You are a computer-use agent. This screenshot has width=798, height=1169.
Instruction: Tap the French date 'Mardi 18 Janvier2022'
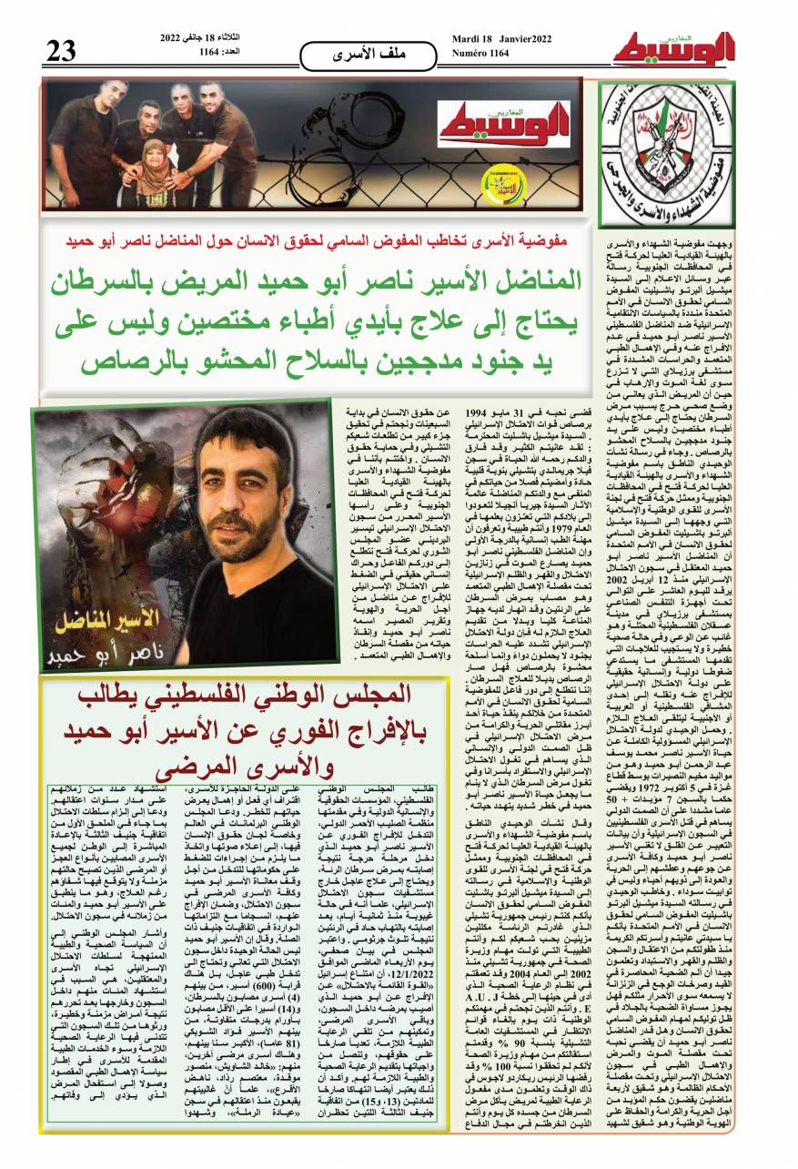click(x=501, y=37)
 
